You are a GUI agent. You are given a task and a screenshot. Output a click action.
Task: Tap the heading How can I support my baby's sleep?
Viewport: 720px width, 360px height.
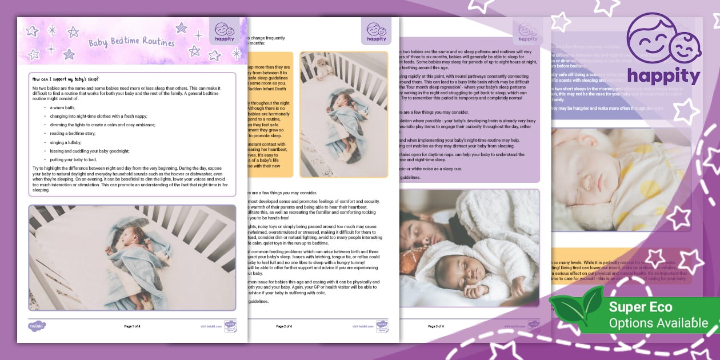(x=74, y=79)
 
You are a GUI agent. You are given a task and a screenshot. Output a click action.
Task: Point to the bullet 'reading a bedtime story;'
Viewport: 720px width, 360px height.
(x=74, y=133)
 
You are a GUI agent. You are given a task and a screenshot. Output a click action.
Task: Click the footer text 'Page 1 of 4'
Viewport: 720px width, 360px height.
(x=133, y=326)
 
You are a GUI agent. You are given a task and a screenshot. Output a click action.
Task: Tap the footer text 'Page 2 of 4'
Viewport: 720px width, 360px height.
(x=284, y=326)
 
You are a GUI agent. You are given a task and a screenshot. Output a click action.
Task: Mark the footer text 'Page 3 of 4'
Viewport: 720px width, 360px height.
(x=435, y=326)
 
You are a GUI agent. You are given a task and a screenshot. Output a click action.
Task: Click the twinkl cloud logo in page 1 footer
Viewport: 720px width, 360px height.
(x=37, y=326)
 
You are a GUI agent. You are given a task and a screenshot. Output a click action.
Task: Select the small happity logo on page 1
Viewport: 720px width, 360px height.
(x=225, y=33)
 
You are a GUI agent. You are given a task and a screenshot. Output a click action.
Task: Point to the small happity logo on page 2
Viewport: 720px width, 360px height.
(x=377, y=33)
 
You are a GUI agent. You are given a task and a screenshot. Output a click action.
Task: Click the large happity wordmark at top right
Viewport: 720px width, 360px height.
(x=663, y=76)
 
